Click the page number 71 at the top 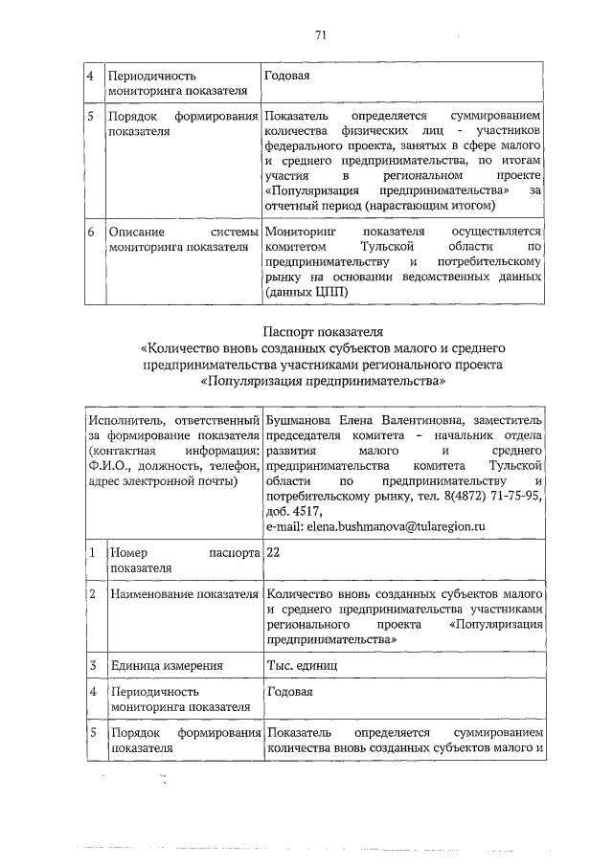pyautogui.click(x=321, y=36)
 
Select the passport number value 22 pyautogui.click(x=274, y=553)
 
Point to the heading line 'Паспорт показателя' pyautogui.click(x=322, y=332)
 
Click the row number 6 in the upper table pyautogui.click(x=89, y=233)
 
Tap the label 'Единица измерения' pyautogui.click(x=167, y=666)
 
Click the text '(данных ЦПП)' pyautogui.click(x=307, y=292)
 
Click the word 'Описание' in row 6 pyautogui.click(x=137, y=233)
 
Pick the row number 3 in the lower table pyautogui.click(x=91, y=666)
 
